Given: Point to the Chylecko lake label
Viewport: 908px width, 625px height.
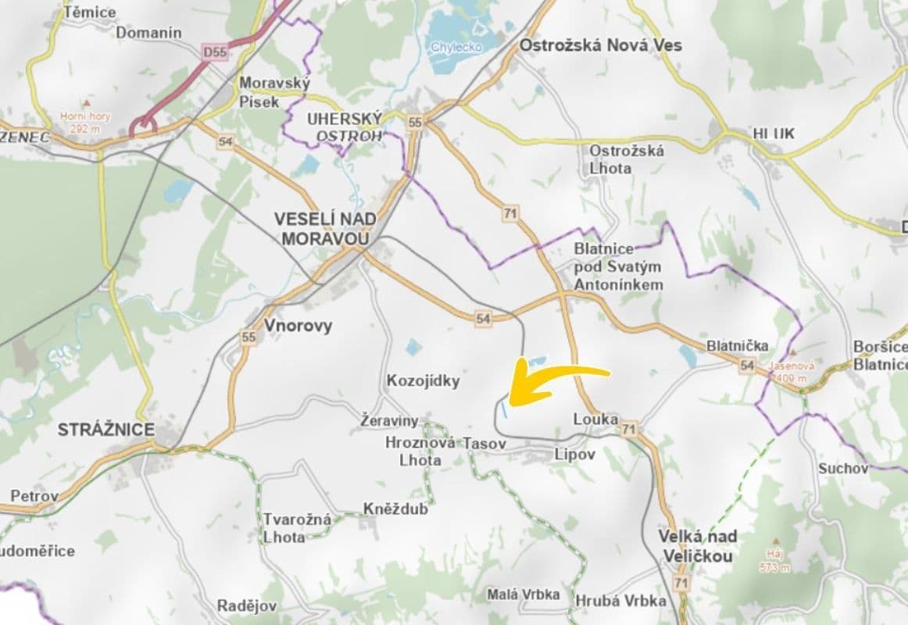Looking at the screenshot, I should coord(457,47).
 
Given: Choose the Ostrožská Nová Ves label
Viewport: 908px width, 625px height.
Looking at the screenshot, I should coord(600,45).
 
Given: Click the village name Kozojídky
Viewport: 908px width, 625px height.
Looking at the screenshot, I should coord(423,381).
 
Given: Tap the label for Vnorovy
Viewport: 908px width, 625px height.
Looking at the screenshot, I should coord(298,326).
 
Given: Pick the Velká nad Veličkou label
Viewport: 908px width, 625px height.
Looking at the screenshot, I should coord(697,546).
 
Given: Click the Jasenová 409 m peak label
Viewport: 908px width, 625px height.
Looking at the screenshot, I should coord(792,370).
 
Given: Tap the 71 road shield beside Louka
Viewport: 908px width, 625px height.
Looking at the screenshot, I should coord(630,427).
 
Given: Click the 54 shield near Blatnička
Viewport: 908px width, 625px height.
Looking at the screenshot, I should coord(747,365).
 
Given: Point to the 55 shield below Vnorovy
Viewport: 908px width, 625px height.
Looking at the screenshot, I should coord(248,337).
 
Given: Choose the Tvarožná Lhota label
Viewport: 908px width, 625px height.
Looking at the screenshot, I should coord(297,527).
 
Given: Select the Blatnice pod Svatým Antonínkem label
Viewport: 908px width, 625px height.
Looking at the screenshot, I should coord(618,266).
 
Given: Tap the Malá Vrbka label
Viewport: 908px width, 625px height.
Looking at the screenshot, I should coord(523,595).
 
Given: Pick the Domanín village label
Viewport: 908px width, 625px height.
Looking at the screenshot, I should coord(148,33).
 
